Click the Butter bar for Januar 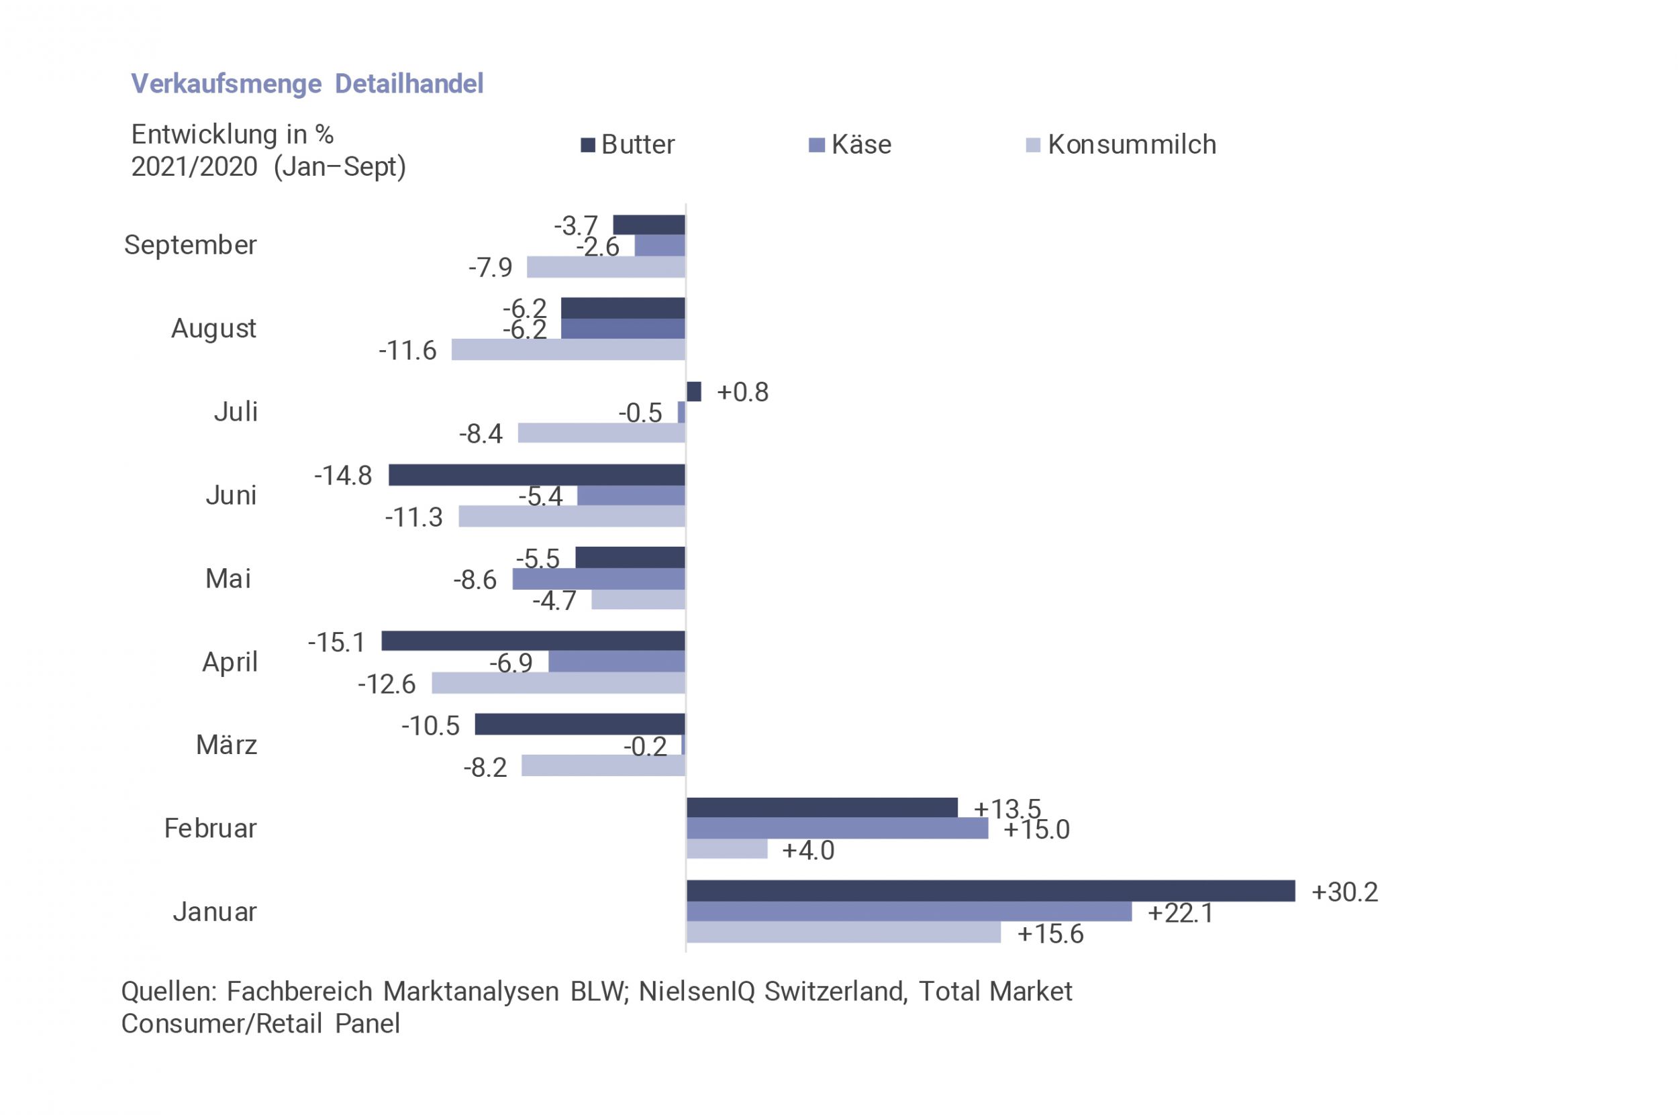990,891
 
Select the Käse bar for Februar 836,829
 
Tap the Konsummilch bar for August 568,349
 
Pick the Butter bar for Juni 536,475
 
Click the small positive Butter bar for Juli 693,391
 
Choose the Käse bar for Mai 598,579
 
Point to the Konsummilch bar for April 558,684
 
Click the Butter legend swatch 587,145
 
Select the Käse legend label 860,145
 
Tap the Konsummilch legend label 1132,145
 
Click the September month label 190,245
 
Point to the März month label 226,745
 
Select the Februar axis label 210,829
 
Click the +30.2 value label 1344,892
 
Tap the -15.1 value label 336,642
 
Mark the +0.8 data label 742,392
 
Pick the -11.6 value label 407,350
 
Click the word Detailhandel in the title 409,84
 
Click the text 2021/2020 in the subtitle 194,166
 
